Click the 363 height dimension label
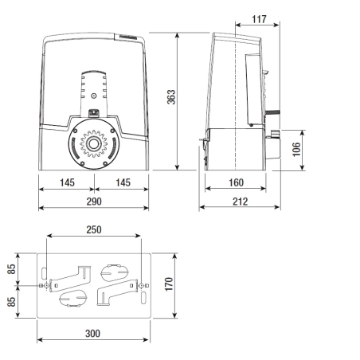point(170,97)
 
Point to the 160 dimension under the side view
point(236,182)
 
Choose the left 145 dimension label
point(67,182)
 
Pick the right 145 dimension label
point(121,182)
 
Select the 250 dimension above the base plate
point(94,229)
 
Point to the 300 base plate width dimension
point(94,333)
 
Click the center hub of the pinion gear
point(94,143)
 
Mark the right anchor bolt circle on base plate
point(141,285)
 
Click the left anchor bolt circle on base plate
point(48,285)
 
